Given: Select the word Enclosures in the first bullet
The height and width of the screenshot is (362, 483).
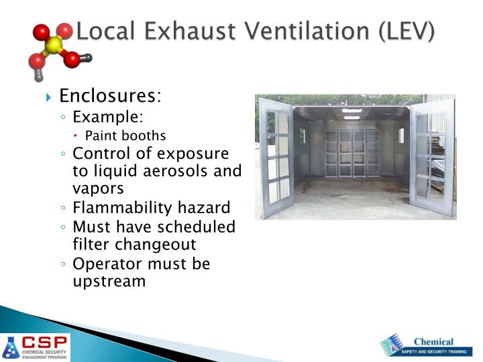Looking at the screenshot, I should [x=110, y=97].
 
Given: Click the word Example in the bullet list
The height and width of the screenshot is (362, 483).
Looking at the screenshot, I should [x=107, y=117].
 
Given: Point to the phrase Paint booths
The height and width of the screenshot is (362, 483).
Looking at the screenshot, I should [x=135, y=135].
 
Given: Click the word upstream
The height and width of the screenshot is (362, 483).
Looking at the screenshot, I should [x=109, y=282].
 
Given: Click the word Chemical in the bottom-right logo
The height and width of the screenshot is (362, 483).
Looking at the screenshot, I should [x=433, y=342].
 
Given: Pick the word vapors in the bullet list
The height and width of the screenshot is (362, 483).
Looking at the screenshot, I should [x=98, y=189].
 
